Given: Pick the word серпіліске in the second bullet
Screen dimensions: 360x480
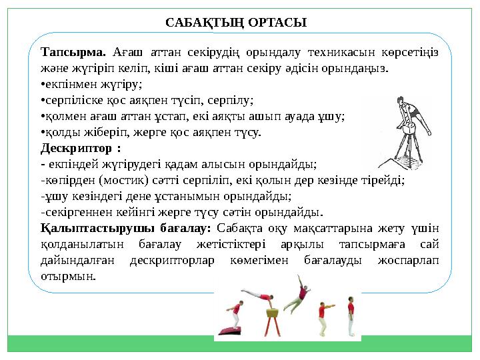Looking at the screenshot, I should (71, 100).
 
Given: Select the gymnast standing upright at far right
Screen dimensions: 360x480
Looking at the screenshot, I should (351, 319).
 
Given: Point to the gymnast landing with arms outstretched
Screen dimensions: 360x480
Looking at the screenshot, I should (325, 319).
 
